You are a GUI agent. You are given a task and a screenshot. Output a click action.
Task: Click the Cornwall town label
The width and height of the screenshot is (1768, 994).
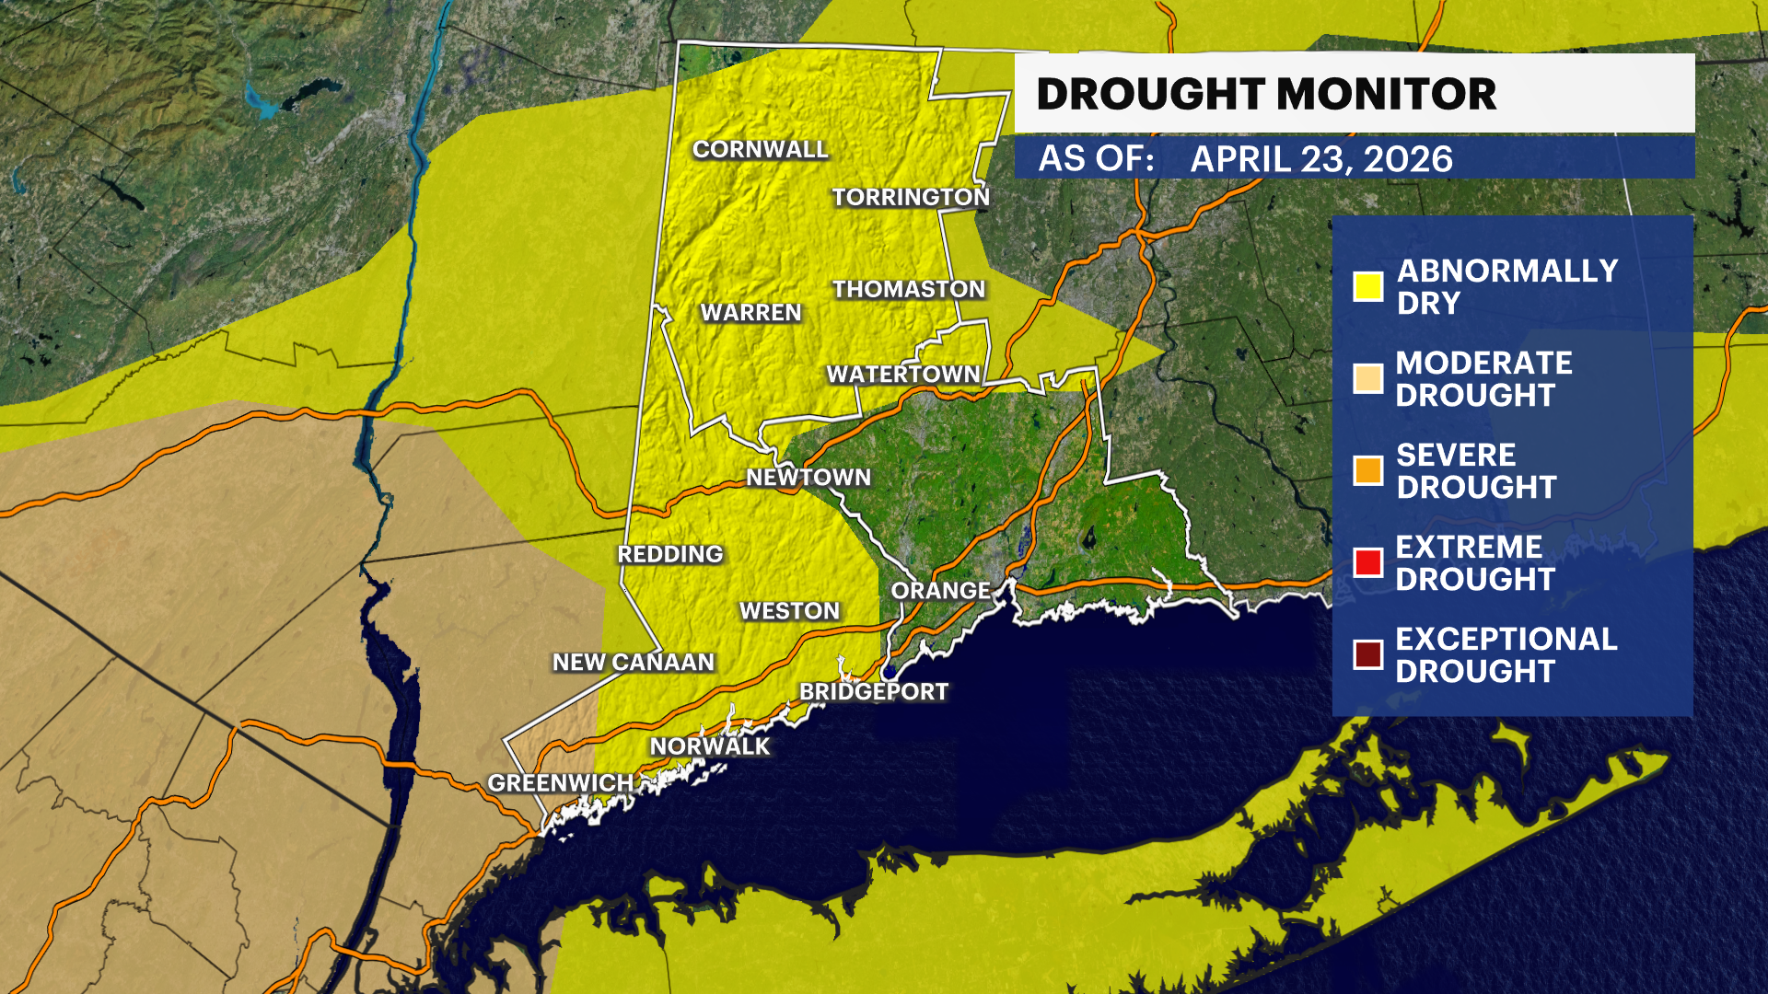[x=761, y=149]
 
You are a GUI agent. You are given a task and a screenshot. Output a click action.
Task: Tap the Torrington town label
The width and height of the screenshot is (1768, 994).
[x=911, y=197]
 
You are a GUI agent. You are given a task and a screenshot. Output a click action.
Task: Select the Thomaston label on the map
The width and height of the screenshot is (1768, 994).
[x=909, y=289]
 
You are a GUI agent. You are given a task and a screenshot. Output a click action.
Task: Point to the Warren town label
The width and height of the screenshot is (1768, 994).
[x=750, y=313]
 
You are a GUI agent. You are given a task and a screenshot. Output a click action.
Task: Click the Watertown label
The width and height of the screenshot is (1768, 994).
[x=903, y=375]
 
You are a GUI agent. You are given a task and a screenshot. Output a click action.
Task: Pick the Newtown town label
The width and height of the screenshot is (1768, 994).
[x=808, y=478]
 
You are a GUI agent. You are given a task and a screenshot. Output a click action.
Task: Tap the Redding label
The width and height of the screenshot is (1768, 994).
[x=670, y=554]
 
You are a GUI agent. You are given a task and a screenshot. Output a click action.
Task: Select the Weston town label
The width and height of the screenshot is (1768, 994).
[x=790, y=611]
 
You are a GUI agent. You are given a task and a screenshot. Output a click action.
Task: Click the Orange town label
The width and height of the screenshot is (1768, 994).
[x=941, y=591]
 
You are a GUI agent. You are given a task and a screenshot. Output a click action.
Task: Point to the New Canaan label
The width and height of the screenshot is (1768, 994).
[x=634, y=663]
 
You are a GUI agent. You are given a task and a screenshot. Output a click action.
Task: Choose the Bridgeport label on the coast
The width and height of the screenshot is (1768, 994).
[x=874, y=692]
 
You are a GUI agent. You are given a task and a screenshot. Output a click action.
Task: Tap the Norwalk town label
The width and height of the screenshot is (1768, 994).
[x=710, y=746]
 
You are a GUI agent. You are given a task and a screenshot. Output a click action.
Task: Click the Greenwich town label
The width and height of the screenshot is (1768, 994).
[x=561, y=783]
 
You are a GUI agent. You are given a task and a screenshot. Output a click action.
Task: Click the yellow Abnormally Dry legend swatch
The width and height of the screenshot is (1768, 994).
[x=1368, y=286]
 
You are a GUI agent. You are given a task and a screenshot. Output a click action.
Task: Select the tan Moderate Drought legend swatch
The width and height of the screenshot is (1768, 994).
[x=1368, y=378]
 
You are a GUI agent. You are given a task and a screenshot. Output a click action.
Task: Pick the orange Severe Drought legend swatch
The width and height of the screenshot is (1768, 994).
[x=1368, y=470]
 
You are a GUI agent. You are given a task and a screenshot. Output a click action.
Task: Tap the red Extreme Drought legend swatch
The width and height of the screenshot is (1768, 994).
[x=1368, y=562]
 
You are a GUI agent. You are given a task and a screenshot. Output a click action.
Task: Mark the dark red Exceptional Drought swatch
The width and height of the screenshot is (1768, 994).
[x=1368, y=654]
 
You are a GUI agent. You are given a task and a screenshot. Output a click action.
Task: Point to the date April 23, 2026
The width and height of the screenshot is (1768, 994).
[x=1321, y=159]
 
